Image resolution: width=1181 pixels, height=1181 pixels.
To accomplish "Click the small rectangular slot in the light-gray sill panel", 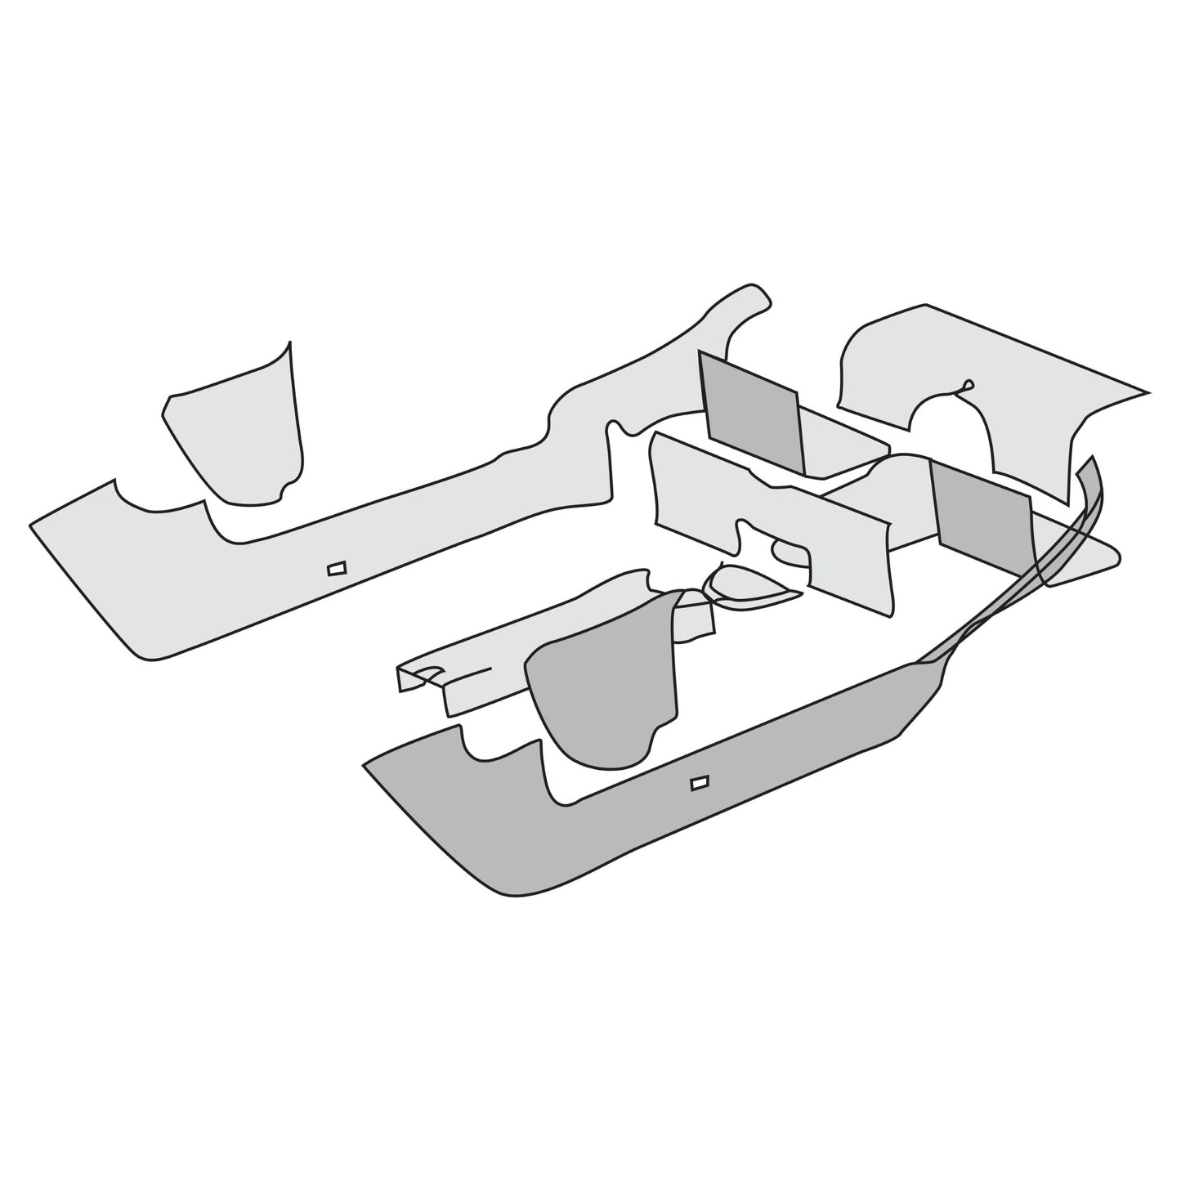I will click(337, 568).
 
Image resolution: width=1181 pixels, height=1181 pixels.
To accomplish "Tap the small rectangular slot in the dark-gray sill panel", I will click(700, 783).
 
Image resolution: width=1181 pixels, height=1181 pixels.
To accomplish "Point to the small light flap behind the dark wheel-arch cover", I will click(695, 625).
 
